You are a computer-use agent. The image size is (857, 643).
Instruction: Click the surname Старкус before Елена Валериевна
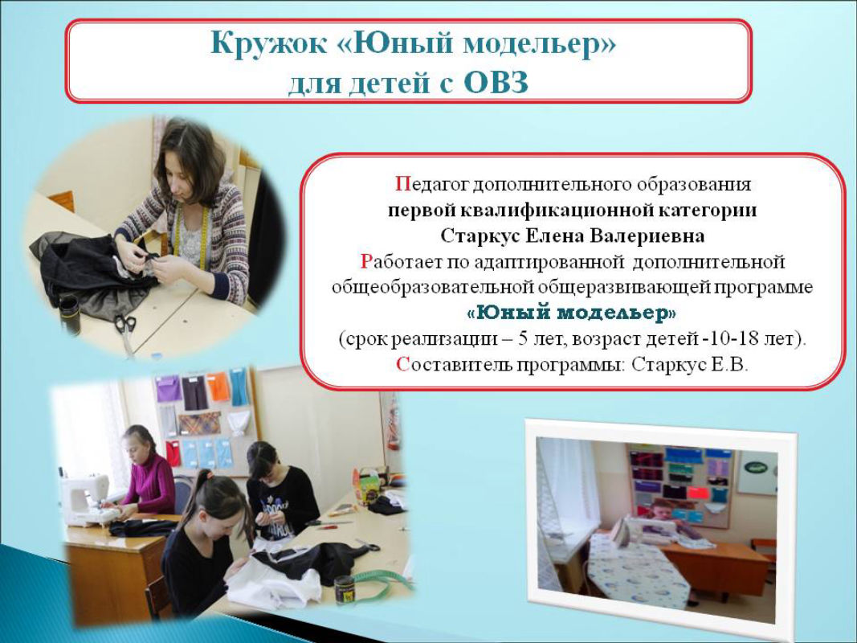click(x=480, y=235)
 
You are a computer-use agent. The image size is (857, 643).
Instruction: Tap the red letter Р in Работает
click(x=365, y=262)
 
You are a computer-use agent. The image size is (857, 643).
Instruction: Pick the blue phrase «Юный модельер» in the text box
click(x=572, y=313)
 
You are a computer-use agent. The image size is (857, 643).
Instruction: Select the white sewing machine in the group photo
click(x=88, y=500)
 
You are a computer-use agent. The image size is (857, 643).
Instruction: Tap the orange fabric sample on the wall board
click(x=218, y=387)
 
